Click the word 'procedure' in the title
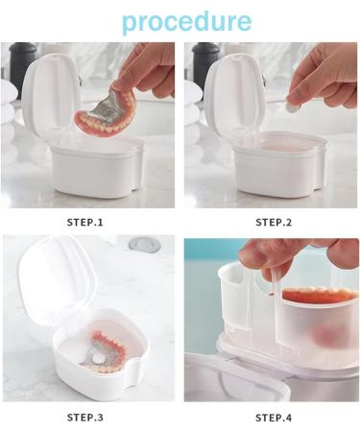click(186, 21)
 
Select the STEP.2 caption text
click(274, 223)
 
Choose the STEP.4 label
click(274, 417)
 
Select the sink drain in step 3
click(144, 246)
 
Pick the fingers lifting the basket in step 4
click(288, 254)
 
